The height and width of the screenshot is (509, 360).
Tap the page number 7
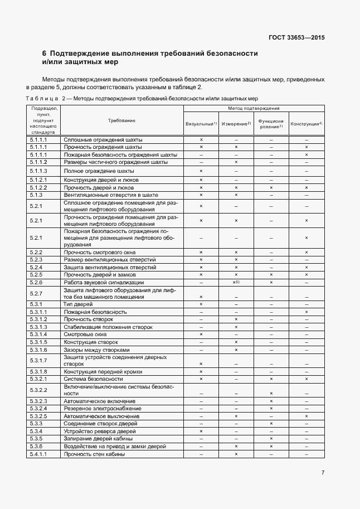click(323, 473)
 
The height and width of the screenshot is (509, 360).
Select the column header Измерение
click(236, 123)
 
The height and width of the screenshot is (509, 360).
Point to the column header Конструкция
click(307, 123)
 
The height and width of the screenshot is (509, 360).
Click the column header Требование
click(121, 120)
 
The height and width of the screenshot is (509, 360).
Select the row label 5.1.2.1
click(38, 180)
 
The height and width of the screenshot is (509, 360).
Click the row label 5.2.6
click(36, 283)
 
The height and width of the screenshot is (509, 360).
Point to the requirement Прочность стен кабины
click(94, 454)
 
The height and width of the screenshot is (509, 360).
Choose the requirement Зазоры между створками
click(96, 350)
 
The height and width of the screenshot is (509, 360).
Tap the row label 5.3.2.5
click(38, 416)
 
